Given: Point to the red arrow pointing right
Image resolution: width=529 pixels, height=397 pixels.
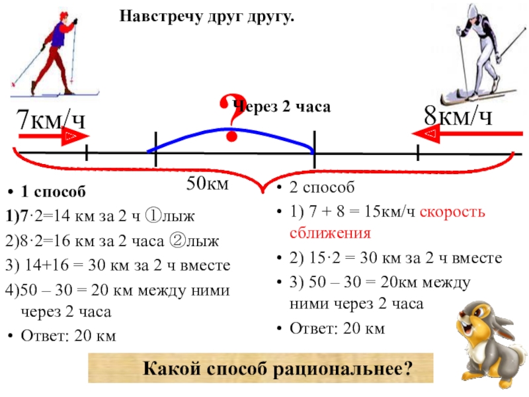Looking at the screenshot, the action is point(53,137).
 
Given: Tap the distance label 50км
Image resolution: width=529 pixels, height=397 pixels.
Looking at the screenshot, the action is point(207,183).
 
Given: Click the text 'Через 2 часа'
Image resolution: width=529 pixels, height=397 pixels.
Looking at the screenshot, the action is point(283,107).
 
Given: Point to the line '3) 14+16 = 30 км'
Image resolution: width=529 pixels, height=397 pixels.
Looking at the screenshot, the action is point(118,265).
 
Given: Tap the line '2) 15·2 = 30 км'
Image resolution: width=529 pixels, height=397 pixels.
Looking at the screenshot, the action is point(395,258).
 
